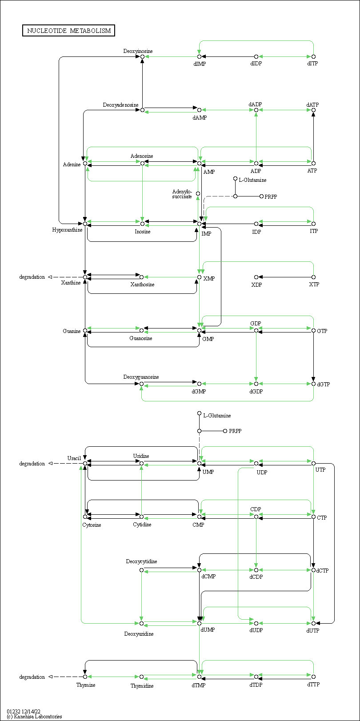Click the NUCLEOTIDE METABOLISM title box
(x=69, y=31)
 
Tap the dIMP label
(x=200, y=64)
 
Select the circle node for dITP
(x=313, y=57)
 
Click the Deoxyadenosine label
(x=120, y=105)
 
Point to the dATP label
(x=312, y=105)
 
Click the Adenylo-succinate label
(x=182, y=194)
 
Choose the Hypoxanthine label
(x=67, y=230)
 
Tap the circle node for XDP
(x=256, y=277)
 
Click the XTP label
(x=314, y=284)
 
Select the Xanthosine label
(x=142, y=284)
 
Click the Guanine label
(x=72, y=331)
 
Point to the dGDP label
(x=256, y=392)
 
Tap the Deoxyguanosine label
(x=141, y=377)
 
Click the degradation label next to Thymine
(x=32, y=677)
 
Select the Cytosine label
(x=92, y=525)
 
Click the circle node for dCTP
(x=313, y=570)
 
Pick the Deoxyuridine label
(x=139, y=634)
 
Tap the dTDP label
(x=256, y=685)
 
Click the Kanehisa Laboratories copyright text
(x=34, y=717)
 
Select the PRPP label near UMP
(x=235, y=431)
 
